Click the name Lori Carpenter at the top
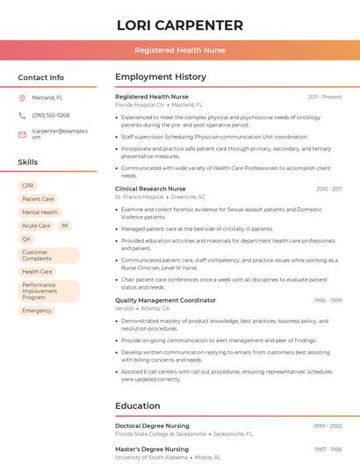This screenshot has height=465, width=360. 179,25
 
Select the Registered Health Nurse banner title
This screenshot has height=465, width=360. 179,51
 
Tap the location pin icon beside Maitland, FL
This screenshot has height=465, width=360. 22,97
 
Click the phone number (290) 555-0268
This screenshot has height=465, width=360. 50,115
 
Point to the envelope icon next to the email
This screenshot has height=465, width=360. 22,134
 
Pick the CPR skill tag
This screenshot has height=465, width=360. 28,186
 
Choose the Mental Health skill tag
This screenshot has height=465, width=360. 40,212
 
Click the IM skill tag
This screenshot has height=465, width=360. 65,225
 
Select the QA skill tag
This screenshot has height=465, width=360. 26,239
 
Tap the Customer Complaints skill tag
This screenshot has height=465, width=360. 48,255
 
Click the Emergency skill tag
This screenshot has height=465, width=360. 37,311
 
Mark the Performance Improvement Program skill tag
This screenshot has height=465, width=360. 48,291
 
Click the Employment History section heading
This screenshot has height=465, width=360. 161,77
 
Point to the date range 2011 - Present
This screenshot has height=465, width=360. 325,97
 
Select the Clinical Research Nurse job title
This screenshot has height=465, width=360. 150,189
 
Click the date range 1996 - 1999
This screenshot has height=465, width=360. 328,300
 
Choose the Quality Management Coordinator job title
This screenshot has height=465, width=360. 165,300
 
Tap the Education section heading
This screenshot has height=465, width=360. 137,406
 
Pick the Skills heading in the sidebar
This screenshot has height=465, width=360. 28,162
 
